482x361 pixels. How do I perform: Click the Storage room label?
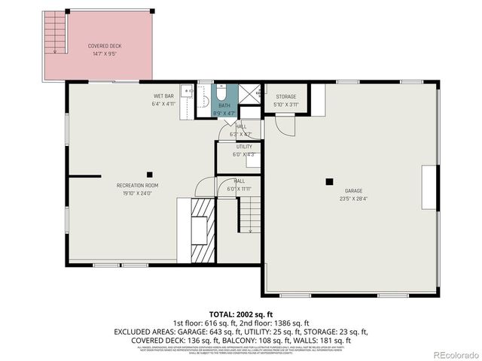point(285,97)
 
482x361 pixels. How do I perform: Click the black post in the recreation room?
point(149,174)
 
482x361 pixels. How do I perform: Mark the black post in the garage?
point(329,181)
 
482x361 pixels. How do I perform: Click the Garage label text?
point(354,191)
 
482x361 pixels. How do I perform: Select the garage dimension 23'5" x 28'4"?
point(354,199)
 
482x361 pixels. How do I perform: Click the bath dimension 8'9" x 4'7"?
point(224,113)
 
